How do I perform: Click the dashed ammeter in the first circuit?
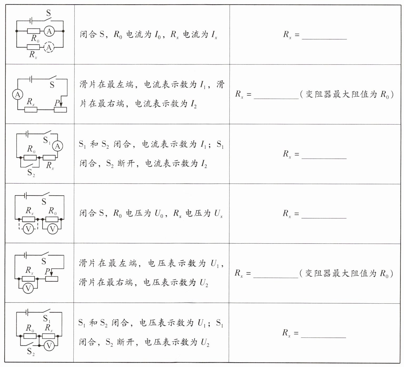click(49, 47)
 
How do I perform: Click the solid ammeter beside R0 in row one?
click(49, 31)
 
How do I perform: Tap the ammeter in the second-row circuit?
click(18, 95)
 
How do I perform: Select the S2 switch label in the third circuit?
click(31, 173)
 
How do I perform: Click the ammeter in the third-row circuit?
click(58, 146)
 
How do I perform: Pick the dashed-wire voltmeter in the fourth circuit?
click(28, 229)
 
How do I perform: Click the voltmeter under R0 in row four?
click(52, 229)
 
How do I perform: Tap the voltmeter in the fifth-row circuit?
click(28, 289)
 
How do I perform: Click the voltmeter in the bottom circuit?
click(49, 346)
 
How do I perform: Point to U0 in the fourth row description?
click(159, 214)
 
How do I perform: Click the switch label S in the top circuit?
click(48, 13)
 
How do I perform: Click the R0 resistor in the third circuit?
click(30, 158)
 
